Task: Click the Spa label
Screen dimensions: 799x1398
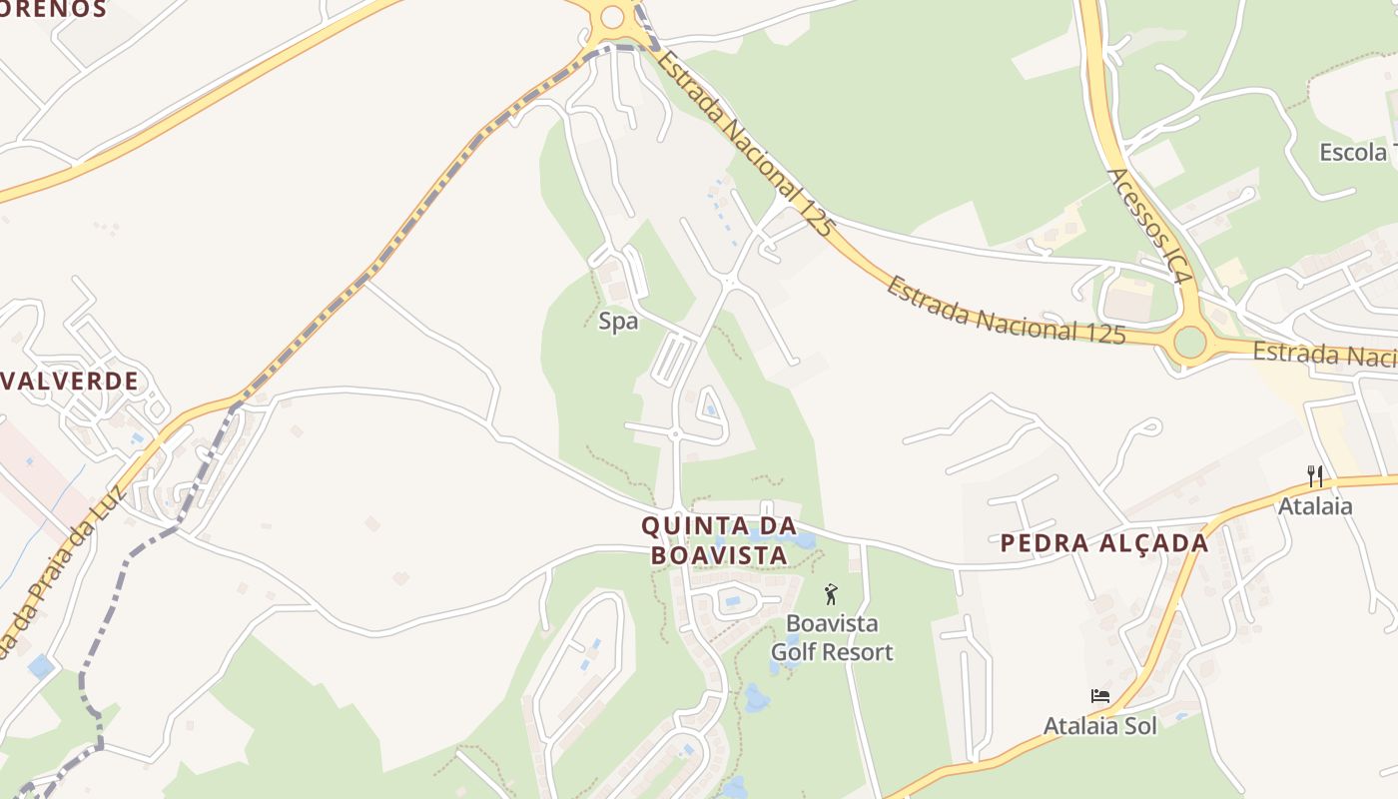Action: [x=618, y=322]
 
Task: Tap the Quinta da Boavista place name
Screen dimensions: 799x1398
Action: [x=719, y=539]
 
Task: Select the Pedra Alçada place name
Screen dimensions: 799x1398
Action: [x=1104, y=543]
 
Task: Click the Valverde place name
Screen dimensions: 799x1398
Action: [x=70, y=381]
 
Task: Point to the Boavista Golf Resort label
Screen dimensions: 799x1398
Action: [x=832, y=638]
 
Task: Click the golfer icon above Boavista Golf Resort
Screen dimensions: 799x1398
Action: [x=831, y=594]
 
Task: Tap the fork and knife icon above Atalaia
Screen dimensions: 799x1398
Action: [x=1315, y=476]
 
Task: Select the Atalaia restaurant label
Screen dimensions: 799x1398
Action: [x=1315, y=506]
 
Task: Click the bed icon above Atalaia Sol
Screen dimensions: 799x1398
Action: [x=1099, y=696]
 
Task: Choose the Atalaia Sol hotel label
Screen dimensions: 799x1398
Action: [x=1099, y=725]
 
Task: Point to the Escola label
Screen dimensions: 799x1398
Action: [x=1353, y=153]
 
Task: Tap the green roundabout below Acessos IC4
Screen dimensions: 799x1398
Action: [x=1190, y=342]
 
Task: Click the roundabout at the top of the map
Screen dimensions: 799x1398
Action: [x=611, y=17]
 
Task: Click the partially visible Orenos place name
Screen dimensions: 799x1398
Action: [x=55, y=10]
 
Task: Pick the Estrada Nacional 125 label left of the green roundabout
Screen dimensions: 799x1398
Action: [x=1006, y=312]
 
